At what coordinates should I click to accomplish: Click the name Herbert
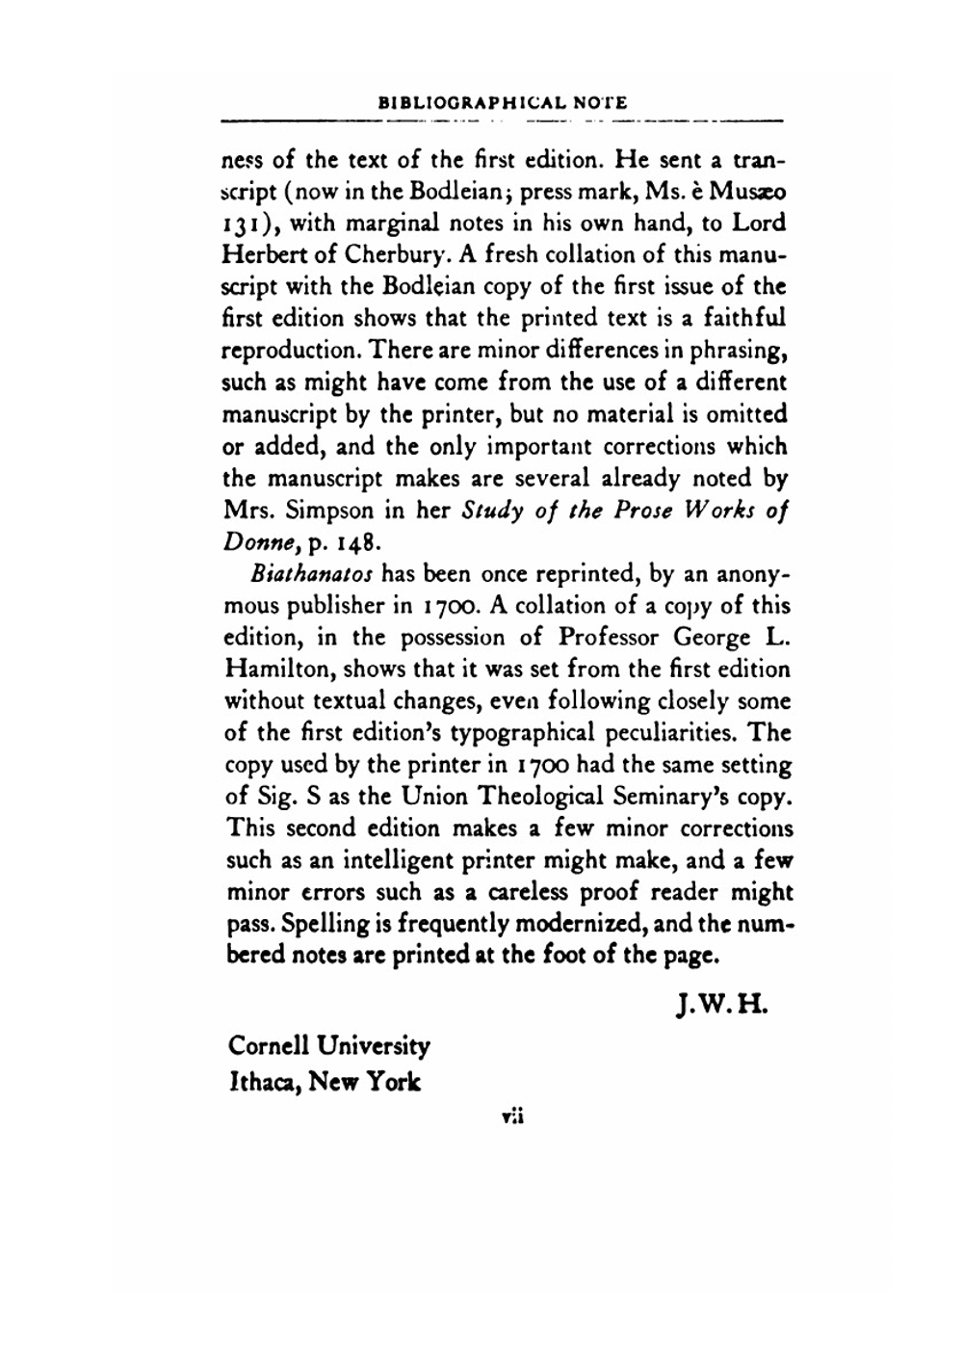(x=261, y=255)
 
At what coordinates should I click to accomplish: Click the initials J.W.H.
(x=719, y=1005)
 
